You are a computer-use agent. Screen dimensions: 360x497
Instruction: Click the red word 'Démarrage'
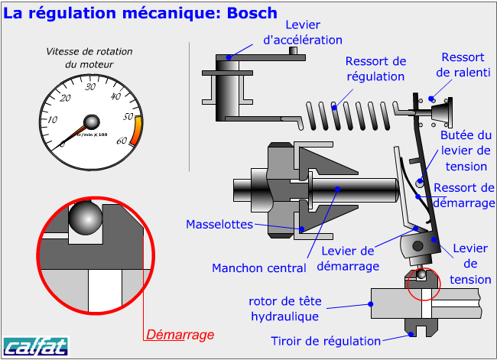180,334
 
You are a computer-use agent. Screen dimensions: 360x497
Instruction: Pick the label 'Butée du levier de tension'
466,151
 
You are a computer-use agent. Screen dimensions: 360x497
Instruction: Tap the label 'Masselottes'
219,224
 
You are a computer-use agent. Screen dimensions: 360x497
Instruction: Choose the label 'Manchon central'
258,268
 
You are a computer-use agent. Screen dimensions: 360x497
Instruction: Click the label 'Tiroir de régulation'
326,341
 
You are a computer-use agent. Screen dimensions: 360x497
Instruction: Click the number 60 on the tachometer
121,141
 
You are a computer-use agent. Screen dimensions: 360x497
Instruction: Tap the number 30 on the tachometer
91,86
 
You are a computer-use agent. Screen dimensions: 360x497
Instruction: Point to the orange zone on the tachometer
135,128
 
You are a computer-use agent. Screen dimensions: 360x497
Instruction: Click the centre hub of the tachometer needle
92,122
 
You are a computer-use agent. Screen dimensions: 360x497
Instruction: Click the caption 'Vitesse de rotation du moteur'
89,58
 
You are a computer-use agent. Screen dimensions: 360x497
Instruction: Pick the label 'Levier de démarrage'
349,258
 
